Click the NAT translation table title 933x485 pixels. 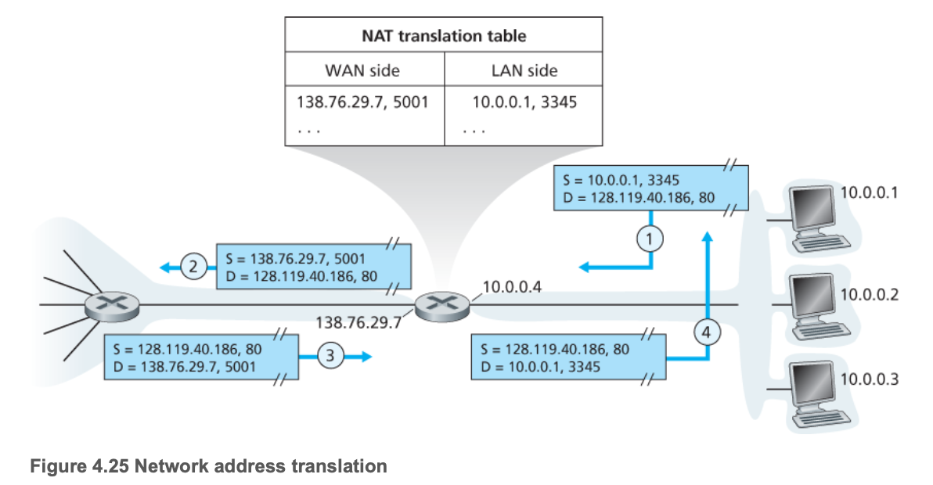(443, 36)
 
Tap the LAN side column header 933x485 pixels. (524, 70)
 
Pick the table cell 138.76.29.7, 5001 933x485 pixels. (362, 102)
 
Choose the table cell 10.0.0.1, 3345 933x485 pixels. (524, 102)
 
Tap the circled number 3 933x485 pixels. (330, 355)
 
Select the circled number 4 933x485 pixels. (706, 332)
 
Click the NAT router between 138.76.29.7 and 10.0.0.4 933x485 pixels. (443, 304)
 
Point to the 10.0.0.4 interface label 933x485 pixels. (510, 286)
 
